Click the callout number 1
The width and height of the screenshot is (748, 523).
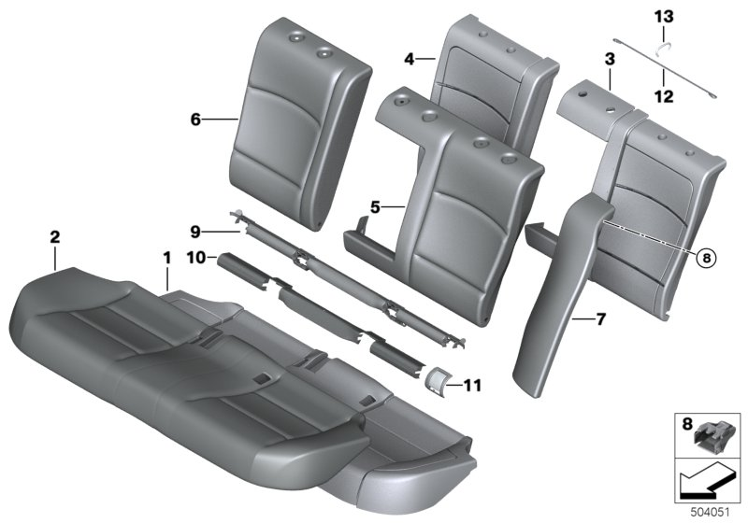(x=166, y=256)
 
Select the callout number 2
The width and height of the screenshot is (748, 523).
(x=55, y=239)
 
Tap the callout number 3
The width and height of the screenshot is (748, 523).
(x=609, y=59)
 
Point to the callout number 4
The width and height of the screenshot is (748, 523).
(x=409, y=59)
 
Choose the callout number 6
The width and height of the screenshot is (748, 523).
(x=195, y=119)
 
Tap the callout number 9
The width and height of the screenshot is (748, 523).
(x=196, y=231)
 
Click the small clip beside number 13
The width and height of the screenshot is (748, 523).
(x=662, y=50)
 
